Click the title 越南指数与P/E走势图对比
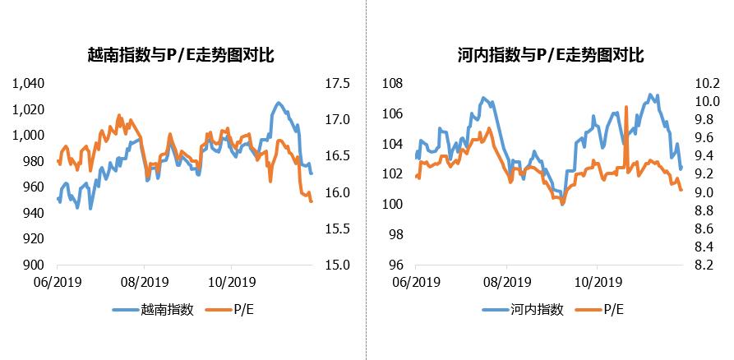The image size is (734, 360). (181, 57)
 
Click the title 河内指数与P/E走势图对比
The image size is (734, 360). (550, 57)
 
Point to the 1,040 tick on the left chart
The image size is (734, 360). (28, 84)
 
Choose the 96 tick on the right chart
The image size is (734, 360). (397, 265)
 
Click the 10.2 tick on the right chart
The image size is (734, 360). (707, 84)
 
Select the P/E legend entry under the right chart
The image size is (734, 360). (613, 310)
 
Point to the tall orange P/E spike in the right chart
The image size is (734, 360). (626, 107)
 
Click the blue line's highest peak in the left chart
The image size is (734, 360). (278, 103)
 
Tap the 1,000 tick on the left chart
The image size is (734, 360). (28, 136)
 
